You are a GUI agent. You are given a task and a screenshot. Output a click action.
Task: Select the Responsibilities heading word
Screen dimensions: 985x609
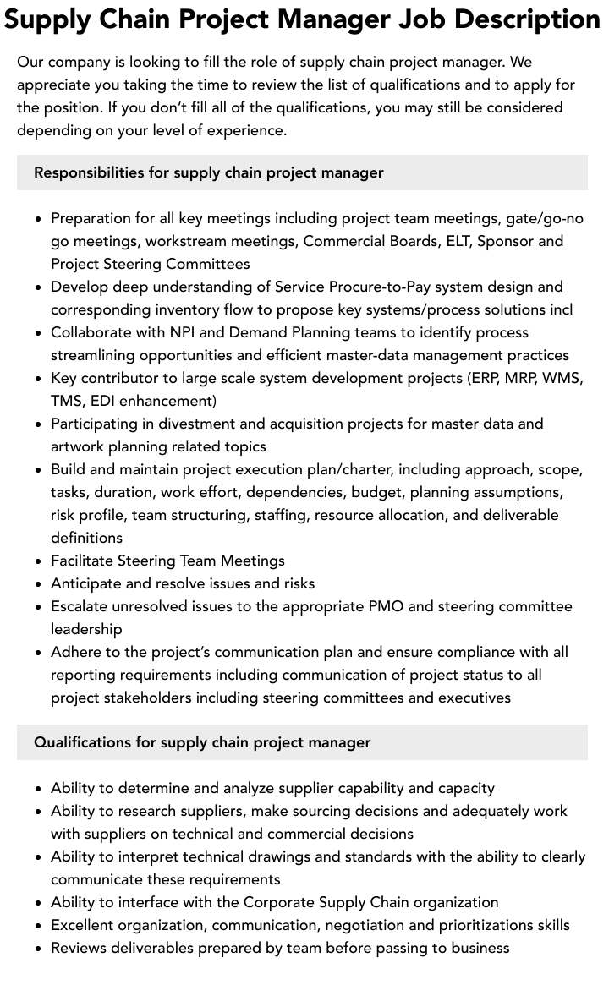(x=89, y=172)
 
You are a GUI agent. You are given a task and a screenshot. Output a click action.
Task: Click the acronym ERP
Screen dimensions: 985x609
(x=488, y=378)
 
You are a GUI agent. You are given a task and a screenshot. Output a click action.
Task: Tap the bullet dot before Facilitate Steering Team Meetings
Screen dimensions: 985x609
(x=39, y=561)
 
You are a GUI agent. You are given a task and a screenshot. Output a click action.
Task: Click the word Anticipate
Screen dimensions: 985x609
(x=89, y=583)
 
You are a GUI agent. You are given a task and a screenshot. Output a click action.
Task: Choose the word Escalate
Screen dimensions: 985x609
(x=82, y=606)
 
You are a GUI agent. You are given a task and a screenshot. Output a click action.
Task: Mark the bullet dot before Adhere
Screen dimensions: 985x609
(x=39, y=653)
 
